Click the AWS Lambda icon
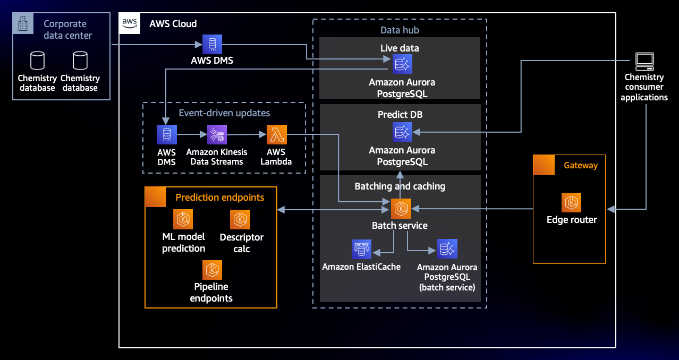click(276, 135)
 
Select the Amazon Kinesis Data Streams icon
click(217, 135)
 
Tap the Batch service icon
click(401, 209)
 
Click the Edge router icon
click(571, 202)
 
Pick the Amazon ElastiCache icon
click(361, 249)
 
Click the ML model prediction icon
click(183, 219)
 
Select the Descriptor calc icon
click(240, 219)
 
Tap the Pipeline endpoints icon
click(213, 270)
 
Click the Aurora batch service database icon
click(447, 249)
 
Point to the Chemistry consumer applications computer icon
click(644, 62)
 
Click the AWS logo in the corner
click(130, 23)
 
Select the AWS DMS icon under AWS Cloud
click(212, 44)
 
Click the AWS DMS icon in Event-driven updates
click(167, 135)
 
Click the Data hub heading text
click(400, 30)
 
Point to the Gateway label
click(581, 165)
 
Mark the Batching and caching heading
click(400, 186)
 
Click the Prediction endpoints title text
click(220, 198)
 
